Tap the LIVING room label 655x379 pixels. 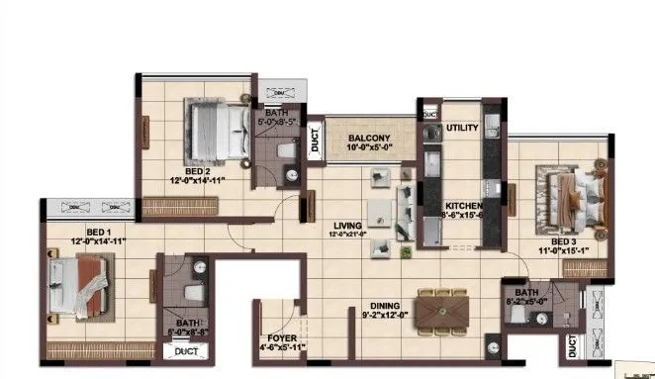[347, 225]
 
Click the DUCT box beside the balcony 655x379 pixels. [315, 139]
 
